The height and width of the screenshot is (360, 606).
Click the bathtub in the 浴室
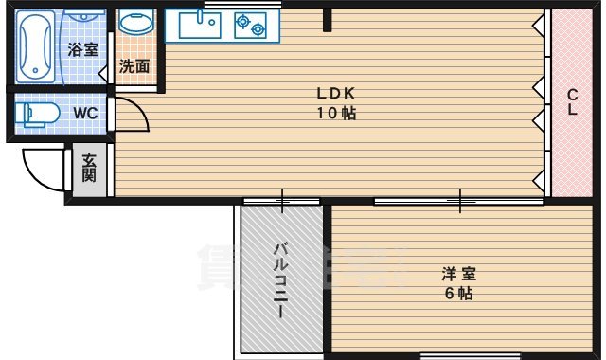pos(36,45)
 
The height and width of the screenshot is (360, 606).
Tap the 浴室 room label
pos(83,49)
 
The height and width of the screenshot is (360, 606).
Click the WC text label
pos(85,114)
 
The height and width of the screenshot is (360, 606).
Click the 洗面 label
pos(134,66)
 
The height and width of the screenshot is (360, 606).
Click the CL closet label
pos(573,101)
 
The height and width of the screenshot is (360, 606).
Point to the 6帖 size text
pos(458,294)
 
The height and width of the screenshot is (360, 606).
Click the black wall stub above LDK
pos(326,19)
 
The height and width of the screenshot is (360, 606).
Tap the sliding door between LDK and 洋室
pos(459,201)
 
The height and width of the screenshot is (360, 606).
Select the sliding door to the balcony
pos(281,201)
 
